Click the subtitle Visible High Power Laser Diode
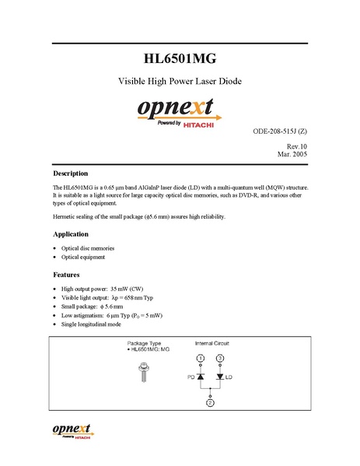[180, 81]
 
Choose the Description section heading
[70, 173]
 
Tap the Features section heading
[66, 275]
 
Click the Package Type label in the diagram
[143, 343]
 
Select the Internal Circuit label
[211, 343]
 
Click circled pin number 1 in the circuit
[200, 358]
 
